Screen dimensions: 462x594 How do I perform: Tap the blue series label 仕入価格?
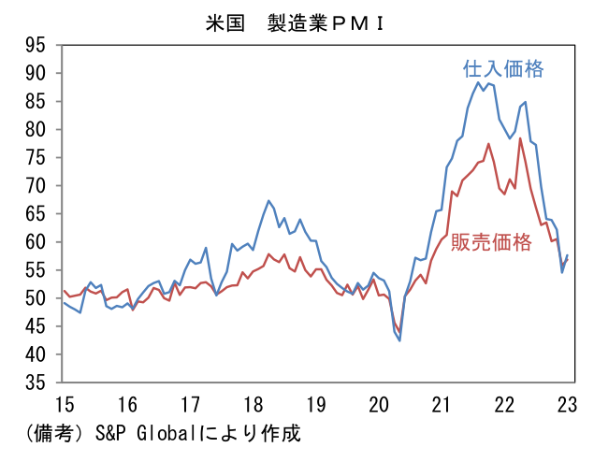503,69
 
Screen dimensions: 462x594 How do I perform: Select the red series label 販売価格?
491,242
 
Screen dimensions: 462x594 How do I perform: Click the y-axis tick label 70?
37,185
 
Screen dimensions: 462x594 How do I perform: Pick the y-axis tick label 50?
37,298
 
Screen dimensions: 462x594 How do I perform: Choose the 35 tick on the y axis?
37,383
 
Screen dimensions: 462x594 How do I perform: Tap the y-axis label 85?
37,101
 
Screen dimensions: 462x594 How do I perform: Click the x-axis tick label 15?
63,405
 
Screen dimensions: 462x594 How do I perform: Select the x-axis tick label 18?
253,405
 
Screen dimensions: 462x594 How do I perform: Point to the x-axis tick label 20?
379,405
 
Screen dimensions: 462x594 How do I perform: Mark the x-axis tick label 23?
568,405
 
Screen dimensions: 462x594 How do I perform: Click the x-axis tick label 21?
442,405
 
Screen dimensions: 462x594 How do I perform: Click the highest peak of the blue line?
478,82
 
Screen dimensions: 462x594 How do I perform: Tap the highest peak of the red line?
520,138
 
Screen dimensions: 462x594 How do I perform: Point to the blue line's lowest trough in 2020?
399,340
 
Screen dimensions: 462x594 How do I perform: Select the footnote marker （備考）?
44,434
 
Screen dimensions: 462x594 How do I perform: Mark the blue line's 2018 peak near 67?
268,200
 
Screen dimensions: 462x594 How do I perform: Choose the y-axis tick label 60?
37,242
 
